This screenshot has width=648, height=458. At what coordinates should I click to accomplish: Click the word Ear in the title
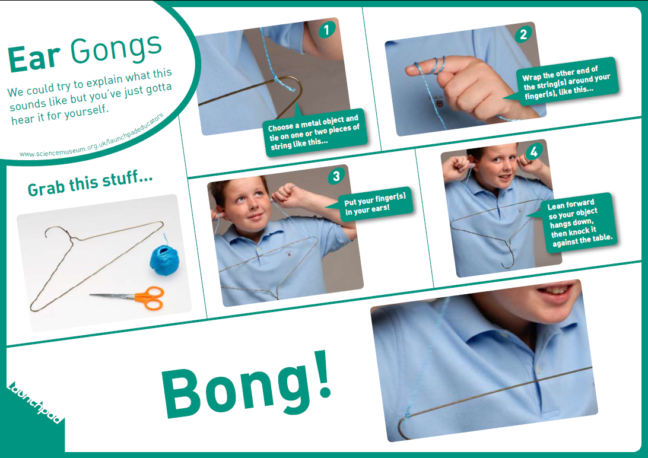click(34, 58)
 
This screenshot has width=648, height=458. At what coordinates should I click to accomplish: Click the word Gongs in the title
click(116, 49)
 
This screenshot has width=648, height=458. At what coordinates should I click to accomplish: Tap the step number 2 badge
click(522, 35)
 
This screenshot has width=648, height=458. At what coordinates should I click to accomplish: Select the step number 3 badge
click(336, 176)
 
